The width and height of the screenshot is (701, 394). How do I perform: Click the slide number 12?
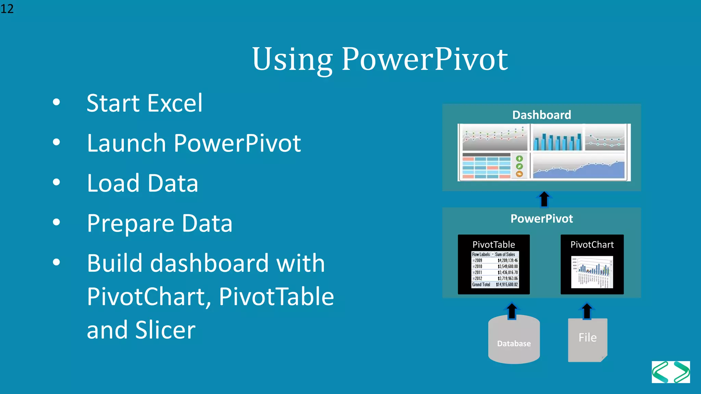pyautogui.click(x=7, y=9)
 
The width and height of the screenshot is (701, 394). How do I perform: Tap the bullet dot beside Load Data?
pyautogui.click(x=56, y=182)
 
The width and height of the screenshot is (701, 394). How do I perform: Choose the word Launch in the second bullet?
pyautogui.click(x=126, y=143)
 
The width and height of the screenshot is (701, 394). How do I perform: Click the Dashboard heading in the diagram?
pyautogui.click(x=541, y=115)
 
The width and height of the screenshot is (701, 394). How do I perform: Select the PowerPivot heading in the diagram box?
pyautogui.click(x=541, y=219)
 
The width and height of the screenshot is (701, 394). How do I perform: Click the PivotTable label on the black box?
pyautogui.click(x=494, y=245)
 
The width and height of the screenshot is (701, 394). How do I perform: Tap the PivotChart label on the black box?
pyautogui.click(x=592, y=245)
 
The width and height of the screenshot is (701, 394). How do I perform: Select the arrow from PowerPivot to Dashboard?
pyautogui.click(x=544, y=199)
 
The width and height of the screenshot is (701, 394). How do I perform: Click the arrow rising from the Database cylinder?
pyautogui.click(x=512, y=311)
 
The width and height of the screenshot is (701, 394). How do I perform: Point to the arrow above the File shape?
pyautogui.click(x=587, y=311)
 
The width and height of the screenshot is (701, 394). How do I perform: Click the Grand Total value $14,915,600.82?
pyautogui.click(x=507, y=285)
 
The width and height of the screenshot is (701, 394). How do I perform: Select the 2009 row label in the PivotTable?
pyautogui.click(x=478, y=261)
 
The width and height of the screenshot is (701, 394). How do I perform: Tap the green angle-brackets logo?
pyautogui.click(x=671, y=372)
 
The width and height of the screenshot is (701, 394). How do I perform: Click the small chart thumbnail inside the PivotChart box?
pyautogui.click(x=592, y=272)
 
